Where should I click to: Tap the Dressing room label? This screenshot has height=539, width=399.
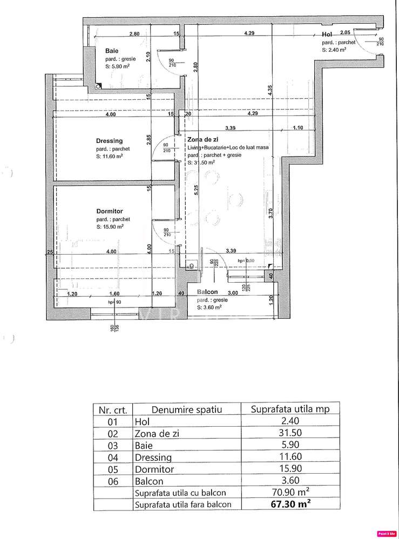(110, 141)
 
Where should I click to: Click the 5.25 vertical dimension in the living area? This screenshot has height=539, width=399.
(197, 191)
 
